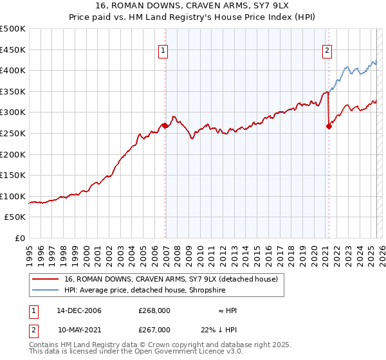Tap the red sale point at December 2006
(x=165, y=126)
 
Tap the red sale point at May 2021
(x=329, y=127)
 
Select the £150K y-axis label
(x=13, y=175)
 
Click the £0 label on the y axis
(x=21, y=238)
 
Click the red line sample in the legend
(x=44, y=279)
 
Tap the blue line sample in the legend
(x=44, y=290)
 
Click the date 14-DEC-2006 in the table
(x=78, y=310)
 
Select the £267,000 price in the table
(x=154, y=330)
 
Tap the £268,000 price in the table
(x=154, y=310)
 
